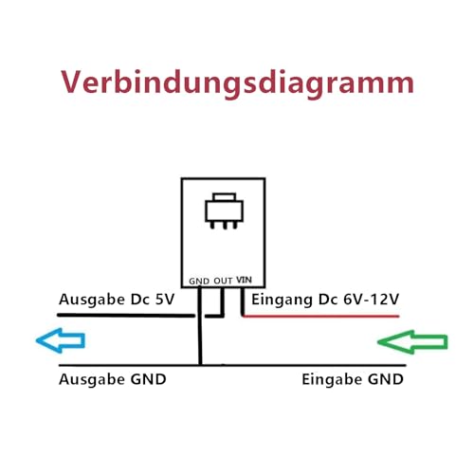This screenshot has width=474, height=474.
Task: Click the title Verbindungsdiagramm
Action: pyautogui.click(x=237, y=82)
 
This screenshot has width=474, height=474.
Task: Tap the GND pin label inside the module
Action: pyautogui.click(x=199, y=281)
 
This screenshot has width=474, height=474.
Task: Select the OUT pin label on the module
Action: pyautogui.click(x=223, y=281)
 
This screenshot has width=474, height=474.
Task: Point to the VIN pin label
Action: pyautogui.click(x=245, y=280)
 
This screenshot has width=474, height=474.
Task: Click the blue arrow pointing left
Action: pyautogui.click(x=61, y=340)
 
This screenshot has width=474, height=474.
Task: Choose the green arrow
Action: pyautogui.click(x=412, y=342)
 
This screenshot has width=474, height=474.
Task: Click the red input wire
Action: pyautogui.click(x=319, y=316)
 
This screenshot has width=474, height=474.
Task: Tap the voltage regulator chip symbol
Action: pyautogui.click(x=224, y=210)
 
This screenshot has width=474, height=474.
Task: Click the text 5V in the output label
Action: pyautogui.click(x=165, y=300)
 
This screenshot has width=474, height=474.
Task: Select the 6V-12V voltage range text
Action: pyautogui.click(x=371, y=300)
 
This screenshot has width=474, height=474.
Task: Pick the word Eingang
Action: pyautogui.click(x=282, y=301)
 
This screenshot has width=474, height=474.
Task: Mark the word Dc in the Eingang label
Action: pyautogui.click(x=328, y=300)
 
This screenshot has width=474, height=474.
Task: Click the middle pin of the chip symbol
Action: pyautogui.click(x=225, y=226)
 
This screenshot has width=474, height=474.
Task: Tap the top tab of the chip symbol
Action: pyautogui.click(x=224, y=197)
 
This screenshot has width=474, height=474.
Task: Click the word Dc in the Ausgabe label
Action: pyautogui.click(x=140, y=300)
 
